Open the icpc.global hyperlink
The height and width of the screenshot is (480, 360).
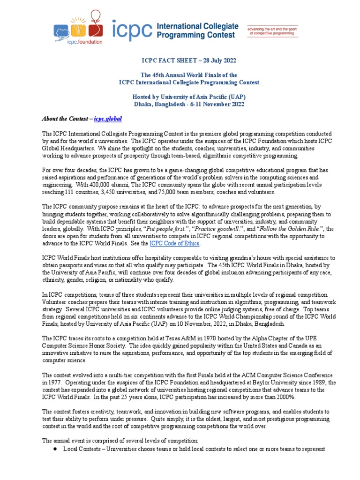click(x=108, y=119)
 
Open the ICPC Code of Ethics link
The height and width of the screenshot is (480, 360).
click(x=174, y=243)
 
